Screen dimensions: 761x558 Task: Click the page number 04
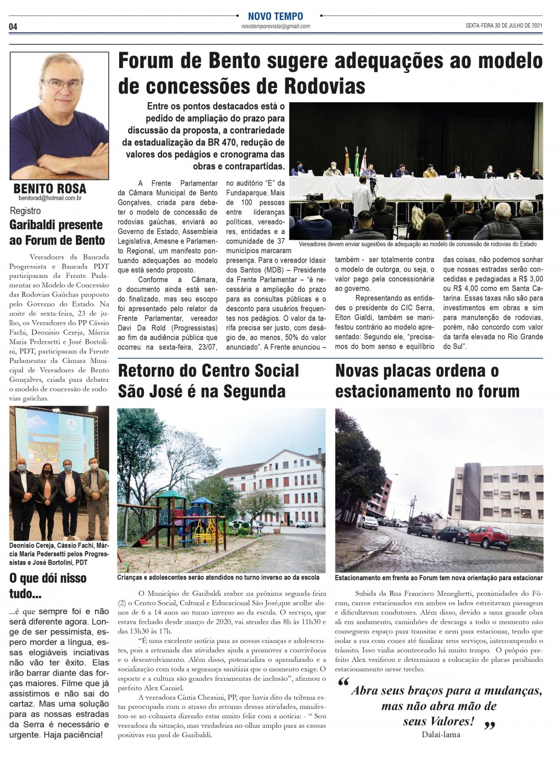click(x=13, y=27)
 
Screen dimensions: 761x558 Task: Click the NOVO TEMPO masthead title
click(x=275, y=16)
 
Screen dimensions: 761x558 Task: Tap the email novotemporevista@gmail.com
click(x=275, y=26)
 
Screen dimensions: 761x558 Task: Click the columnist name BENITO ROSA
click(x=50, y=188)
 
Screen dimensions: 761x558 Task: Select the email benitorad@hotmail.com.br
click(x=50, y=198)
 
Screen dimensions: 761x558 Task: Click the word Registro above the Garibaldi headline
click(x=25, y=211)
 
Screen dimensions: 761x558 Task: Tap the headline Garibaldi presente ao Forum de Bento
click(x=56, y=233)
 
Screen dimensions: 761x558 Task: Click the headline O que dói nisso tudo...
click(x=47, y=585)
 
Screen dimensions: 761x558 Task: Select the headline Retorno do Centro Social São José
click(x=208, y=381)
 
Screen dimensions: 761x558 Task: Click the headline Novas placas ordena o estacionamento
click(x=427, y=381)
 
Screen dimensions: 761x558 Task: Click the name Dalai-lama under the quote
click(x=440, y=734)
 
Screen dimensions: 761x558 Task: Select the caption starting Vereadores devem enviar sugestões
click(x=417, y=244)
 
